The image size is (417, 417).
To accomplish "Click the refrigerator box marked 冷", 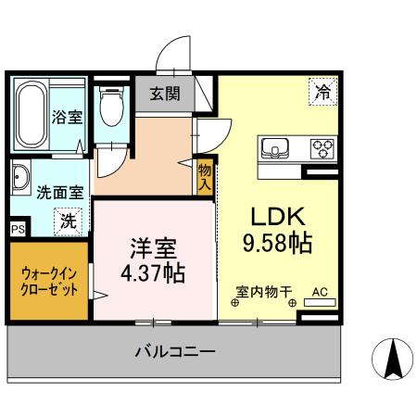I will (322, 92).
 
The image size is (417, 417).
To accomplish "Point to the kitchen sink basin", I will (276, 148).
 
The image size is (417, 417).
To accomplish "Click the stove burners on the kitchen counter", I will (322, 148).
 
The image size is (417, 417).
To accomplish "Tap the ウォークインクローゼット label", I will (49, 281).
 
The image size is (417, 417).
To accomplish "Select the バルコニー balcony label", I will (175, 352).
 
